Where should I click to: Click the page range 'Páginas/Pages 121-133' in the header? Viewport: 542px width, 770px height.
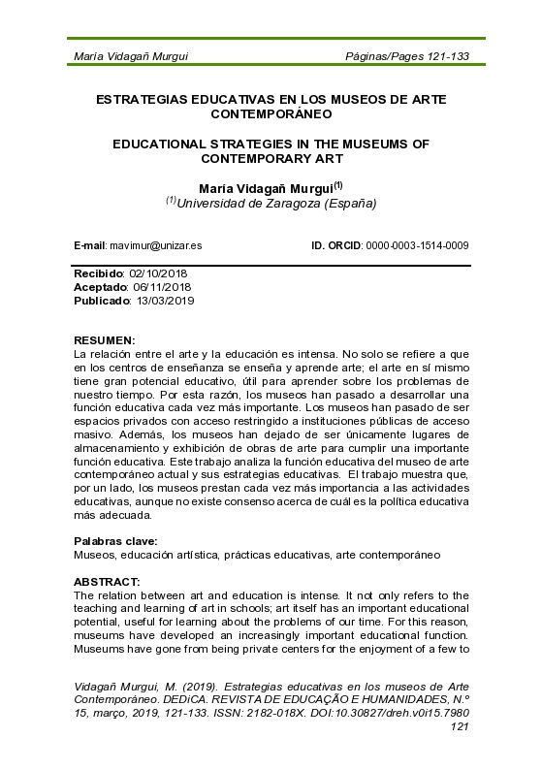(x=407, y=56)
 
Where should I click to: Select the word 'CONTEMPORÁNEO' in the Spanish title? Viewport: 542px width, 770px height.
(x=271, y=113)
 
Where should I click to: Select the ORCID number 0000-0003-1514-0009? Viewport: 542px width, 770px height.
(x=416, y=246)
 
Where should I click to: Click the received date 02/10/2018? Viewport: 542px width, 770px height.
(x=160, y=275)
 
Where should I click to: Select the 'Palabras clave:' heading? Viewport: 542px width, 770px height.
(x=115, y=541)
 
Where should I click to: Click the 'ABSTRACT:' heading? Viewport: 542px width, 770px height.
(x=108, y=584)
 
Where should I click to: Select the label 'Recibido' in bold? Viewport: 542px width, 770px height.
(x=101, y=275)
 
